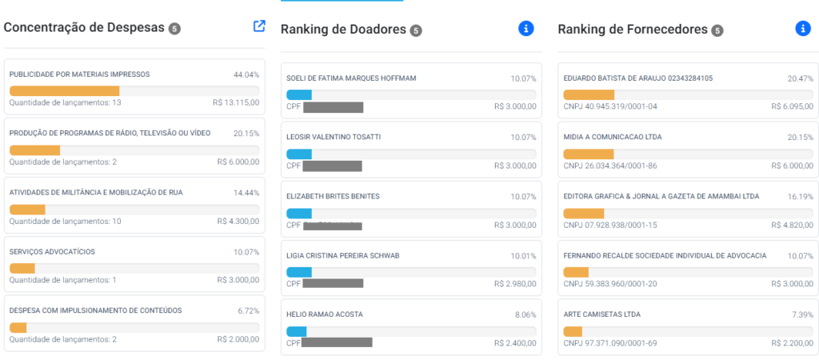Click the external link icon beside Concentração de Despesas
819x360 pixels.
tap(259, 26)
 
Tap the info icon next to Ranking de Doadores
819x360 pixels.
tap(525, 29)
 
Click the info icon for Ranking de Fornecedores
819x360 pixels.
tap(803, 28)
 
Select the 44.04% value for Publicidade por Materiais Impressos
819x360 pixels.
tap(246, 74)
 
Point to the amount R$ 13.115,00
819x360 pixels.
tap(236, 102)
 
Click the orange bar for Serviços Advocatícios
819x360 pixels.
tap(22, 268)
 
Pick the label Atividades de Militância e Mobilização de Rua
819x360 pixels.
tap(89, 192)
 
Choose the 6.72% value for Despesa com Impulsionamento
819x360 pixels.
tap(248, 310)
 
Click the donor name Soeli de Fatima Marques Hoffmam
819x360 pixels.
tap(351, 78)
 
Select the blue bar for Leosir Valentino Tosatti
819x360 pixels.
tap(299, 154)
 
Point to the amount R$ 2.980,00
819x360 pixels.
tap(515, 284)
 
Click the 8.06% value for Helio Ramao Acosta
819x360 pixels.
tap(524, 315)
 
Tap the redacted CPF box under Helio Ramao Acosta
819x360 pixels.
tap(338, 342)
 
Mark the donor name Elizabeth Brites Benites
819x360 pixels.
tap(333, 196)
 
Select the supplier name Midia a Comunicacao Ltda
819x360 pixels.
tap(613, 137)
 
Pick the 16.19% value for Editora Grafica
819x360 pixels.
tap(800, 196)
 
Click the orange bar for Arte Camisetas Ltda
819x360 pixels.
tap(573, 331)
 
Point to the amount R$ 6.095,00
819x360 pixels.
tap(792, 106)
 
